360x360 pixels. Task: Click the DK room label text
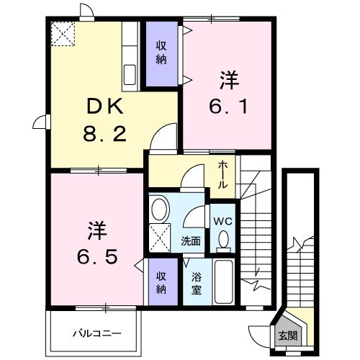click(107, 108)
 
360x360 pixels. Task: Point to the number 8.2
click(107, 133)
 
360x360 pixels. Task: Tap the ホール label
click(224, 175)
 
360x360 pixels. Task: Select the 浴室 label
click(196, 283)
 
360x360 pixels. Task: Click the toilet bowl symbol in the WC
click(223, 240)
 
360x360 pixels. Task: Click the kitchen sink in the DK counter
click(130, 74)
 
